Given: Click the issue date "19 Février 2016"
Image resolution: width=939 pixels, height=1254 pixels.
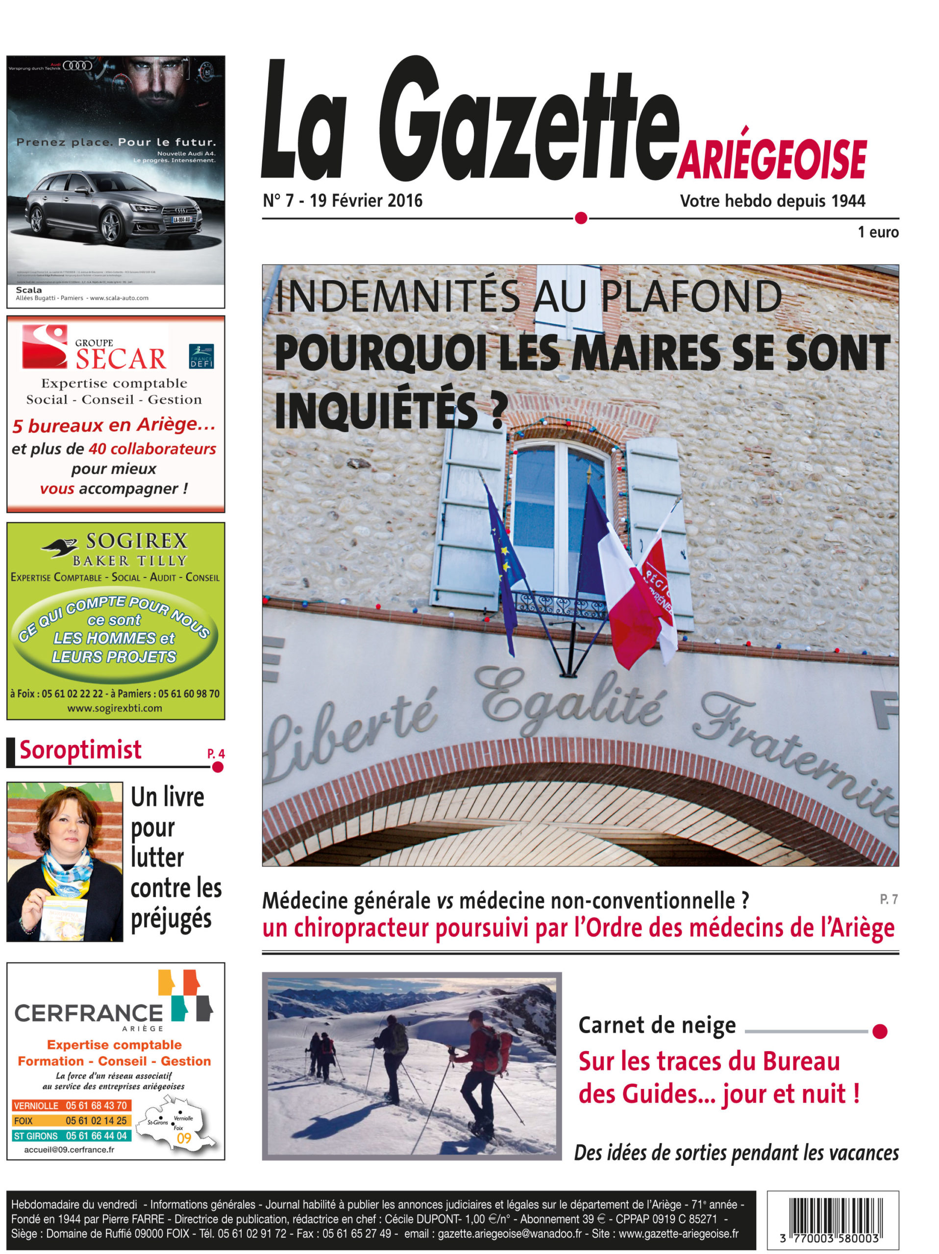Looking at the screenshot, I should point(366,201).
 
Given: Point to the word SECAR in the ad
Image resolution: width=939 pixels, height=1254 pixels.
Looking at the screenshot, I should point(121,359).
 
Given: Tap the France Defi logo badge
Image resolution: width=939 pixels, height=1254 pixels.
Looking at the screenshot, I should point(201,357).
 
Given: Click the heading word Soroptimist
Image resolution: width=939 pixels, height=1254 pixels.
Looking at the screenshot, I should point(80,750).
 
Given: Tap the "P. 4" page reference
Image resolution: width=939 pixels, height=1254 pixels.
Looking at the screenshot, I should point(216,753).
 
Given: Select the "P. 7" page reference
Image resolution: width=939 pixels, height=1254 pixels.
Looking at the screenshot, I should point(889,899).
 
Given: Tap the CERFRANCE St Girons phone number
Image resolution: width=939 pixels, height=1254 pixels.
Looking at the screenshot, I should point(96,1135).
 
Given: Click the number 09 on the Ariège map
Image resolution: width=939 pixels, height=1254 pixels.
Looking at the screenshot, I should point(184,1138).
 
